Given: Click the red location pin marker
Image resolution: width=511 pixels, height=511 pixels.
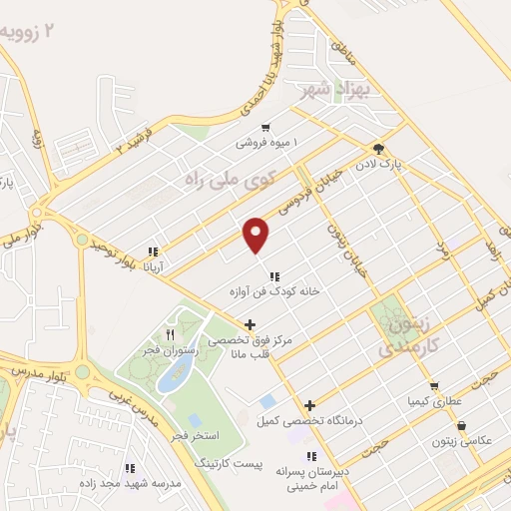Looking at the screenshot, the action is tap(256, 235).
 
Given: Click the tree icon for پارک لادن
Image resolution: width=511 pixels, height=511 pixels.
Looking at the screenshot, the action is tap(377, 149).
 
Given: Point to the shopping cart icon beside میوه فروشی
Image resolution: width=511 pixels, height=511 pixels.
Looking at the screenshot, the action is tap(264, 128).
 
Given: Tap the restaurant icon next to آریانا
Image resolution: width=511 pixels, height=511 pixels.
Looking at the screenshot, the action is tap(152, 253).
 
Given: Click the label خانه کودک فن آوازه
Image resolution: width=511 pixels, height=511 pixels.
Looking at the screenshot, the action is tap(273, 292).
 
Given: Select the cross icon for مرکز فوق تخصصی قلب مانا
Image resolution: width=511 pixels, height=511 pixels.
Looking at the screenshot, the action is tap(250, 324).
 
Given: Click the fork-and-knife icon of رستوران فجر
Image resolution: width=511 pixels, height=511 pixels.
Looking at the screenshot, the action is tap(170, 335).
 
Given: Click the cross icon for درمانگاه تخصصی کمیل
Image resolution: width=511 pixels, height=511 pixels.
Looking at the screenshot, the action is tap(310, 405).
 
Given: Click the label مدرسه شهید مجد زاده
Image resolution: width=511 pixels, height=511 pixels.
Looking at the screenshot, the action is tap(129, 484).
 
